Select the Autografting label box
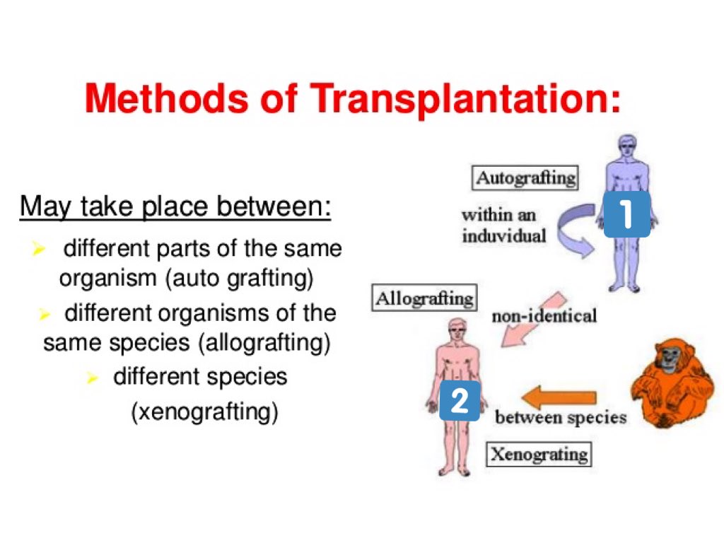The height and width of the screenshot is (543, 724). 525,177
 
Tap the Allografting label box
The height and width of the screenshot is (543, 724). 425,298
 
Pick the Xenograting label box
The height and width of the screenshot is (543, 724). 539,452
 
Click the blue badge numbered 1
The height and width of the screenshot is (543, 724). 626,215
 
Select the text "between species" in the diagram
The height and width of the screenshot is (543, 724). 561,417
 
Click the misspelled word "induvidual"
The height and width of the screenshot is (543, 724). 504,235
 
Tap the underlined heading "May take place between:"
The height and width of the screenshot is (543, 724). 175,206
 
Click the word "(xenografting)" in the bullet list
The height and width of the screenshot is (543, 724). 204,411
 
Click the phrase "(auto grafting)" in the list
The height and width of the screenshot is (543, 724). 239,279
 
